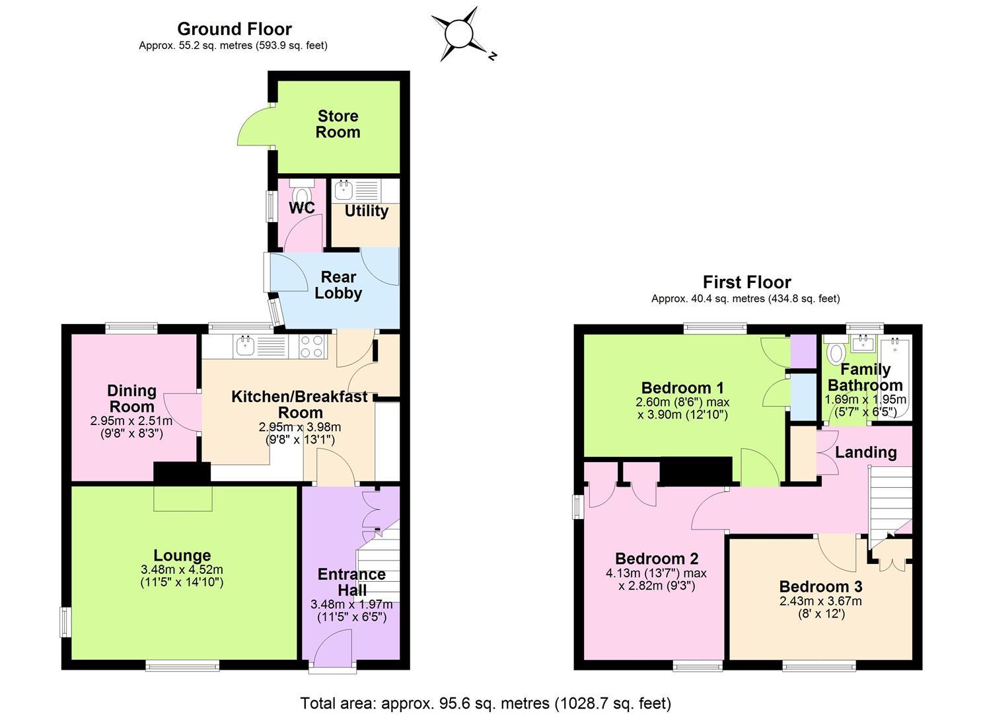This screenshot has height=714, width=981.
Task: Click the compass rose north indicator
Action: point(492,56)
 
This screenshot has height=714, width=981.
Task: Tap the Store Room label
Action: point(338,124)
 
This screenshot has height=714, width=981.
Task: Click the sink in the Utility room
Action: point(343,190)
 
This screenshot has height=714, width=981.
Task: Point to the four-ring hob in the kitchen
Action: point(312,346)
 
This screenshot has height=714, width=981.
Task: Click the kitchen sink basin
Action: point(246,346)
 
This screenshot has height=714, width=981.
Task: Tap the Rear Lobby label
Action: point(338,285)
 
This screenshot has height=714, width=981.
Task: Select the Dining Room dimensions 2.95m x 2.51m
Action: point(131,420)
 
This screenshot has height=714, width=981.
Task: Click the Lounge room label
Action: point(182,555)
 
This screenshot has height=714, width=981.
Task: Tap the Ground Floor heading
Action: point(235,29)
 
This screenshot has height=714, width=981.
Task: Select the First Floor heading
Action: point(746,282)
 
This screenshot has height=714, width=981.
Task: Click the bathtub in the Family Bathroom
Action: point(896,377)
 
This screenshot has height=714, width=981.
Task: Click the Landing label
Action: point(866,452)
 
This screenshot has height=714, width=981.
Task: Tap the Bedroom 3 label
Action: point(820,586)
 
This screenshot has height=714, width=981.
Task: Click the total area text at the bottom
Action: point(486,703)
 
